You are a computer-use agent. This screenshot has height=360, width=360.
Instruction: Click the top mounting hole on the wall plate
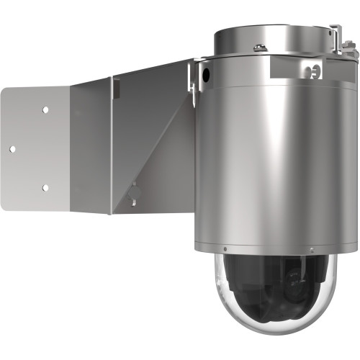click(x=45, y=110)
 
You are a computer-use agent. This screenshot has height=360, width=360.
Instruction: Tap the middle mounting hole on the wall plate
click(x=12, y=149)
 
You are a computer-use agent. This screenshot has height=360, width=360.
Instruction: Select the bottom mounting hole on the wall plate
click(x=45, y=188)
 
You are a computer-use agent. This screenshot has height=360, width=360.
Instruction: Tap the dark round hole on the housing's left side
click(x=207, y=73)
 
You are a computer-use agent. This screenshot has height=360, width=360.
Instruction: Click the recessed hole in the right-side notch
click(x=314, y=71)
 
